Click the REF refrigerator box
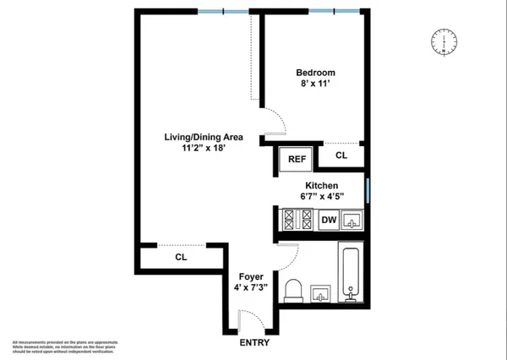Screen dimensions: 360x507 297,158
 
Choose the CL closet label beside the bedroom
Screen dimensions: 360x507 341,155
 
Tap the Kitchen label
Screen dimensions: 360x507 321,185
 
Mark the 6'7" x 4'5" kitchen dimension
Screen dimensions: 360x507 321,197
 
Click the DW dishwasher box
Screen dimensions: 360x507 329,221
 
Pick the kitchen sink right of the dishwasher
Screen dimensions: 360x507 354,221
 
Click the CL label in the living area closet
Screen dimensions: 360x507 181,256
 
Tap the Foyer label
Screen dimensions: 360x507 251,276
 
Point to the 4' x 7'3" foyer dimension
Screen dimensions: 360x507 251,287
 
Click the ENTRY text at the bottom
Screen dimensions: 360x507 254,342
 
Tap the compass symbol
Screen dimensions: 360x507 444,42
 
